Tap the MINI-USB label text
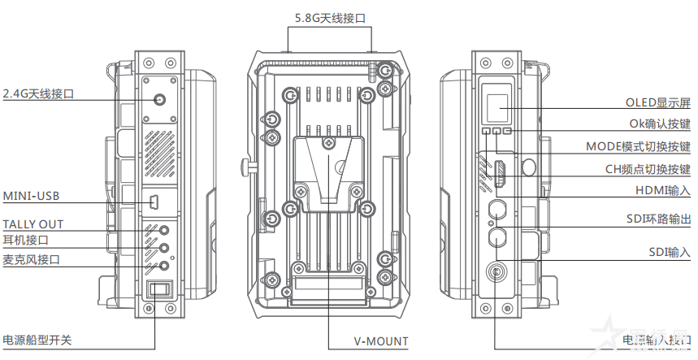pyautogui.click(x=31, y=196)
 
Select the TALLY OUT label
pyautogui.click(x=33, y=224)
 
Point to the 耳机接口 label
pyautogui.click(x=26, y=241)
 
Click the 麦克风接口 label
pyautogui.click(x=31, y=259)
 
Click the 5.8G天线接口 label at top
pyautogui.click(x=329, y=16)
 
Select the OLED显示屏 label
pyautogui.click(x=657, y=102)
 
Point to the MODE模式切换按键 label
pyautogui.click(x=638, y=147)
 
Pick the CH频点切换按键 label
pyautogui.click(x=648, y=169)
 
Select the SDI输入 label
pyautogui.click(x=670, y=253)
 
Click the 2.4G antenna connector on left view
pyautogui.click(x=159, y=101)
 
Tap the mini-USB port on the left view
pyautogui.click(x=154, y=201)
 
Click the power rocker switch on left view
pyautogui.click(x=158, y=290)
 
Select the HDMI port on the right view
pyautogui.click(x=498, y=173)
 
